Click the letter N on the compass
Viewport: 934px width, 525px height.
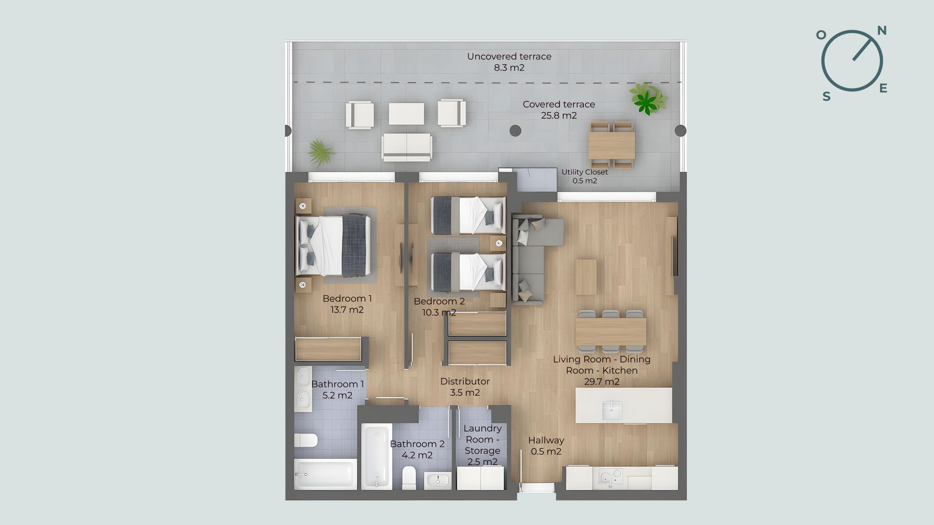pos(881,31)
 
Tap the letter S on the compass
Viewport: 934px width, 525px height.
pos(826,97)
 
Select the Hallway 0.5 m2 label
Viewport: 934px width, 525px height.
pos(546,446)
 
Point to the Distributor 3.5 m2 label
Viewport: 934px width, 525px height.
pos(465,387)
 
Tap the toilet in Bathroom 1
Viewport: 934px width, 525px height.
pos(306,440)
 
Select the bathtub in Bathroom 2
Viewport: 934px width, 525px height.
pos(377,456)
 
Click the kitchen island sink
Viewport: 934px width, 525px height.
pos(611,411)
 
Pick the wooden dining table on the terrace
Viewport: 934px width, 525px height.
pos(611,145)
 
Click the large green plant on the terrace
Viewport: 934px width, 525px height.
pos(648,99)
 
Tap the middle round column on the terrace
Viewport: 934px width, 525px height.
pos(515,130)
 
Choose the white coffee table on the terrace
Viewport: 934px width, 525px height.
pos(406,113)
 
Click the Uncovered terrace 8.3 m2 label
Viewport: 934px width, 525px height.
pos(509,62)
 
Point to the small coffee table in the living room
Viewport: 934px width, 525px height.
pos(586,277)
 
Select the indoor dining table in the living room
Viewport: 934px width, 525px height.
pos(611,332)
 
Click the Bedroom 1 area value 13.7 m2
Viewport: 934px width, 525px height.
pos(347,310)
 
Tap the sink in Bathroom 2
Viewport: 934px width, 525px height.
pos(438,481)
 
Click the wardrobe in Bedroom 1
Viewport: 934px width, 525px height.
pos(328,349)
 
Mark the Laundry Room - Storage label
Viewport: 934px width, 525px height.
pos(483,445)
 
